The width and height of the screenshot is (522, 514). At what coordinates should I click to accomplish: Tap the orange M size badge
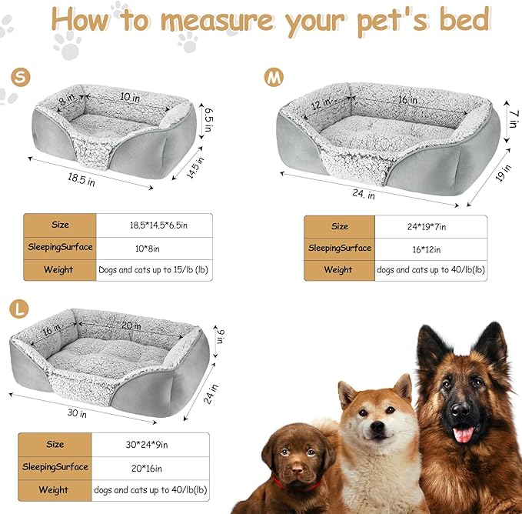(274, 77)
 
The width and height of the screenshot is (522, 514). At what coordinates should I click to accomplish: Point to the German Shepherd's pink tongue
(464, 436)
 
